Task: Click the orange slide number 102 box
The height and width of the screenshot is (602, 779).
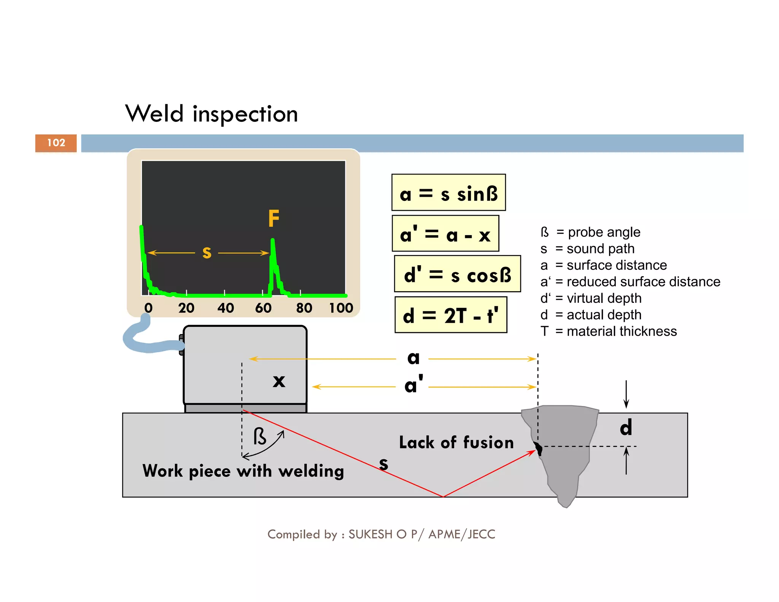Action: (x=56, y=143)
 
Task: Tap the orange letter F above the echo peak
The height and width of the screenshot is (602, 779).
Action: (x=273, y=219)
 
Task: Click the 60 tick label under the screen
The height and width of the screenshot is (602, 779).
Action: (x=263, y=308)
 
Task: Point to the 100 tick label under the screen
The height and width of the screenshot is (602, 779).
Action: (x=341, y=308)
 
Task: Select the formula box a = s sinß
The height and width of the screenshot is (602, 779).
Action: (x=448, y=193)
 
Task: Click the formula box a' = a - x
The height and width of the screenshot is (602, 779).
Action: (x=445, y=234)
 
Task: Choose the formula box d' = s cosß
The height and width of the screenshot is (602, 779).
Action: (x=457, y=274)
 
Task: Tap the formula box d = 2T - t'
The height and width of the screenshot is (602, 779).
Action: (x=451, y=315)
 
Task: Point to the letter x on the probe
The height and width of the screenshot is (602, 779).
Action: (x=279, y=381)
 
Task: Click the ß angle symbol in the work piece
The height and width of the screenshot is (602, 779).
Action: (x=260, y=436)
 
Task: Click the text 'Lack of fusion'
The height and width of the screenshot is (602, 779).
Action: (x=456, y=443)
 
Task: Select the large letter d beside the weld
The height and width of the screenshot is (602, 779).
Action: (x=626, y=428)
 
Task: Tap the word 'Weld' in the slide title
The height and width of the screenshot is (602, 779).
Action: (x=154, y=114)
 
